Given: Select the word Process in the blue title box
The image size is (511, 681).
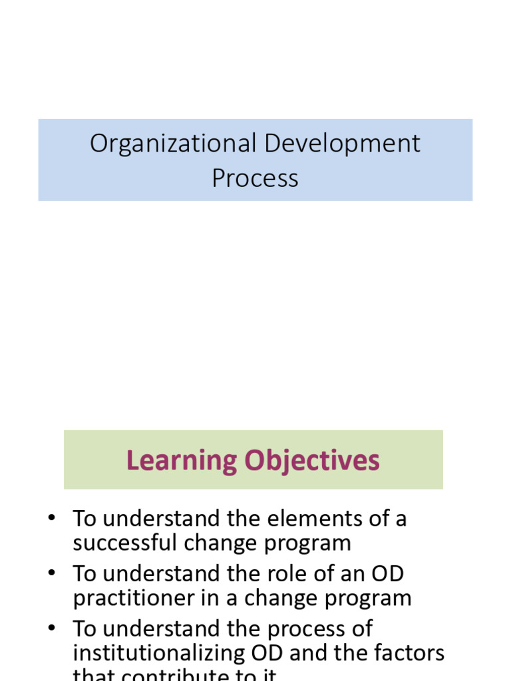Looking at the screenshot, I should point(255,178).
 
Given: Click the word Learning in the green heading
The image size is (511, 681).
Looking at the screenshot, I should point(182,460).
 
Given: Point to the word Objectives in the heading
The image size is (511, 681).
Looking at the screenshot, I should point(312,460).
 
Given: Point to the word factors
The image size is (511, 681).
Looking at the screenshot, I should point(408,654).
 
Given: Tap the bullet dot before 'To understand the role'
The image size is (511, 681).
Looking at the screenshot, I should point(51,574).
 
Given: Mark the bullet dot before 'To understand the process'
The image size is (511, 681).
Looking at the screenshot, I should point(51,629).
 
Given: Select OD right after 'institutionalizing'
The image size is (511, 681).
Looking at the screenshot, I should point(259,654).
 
